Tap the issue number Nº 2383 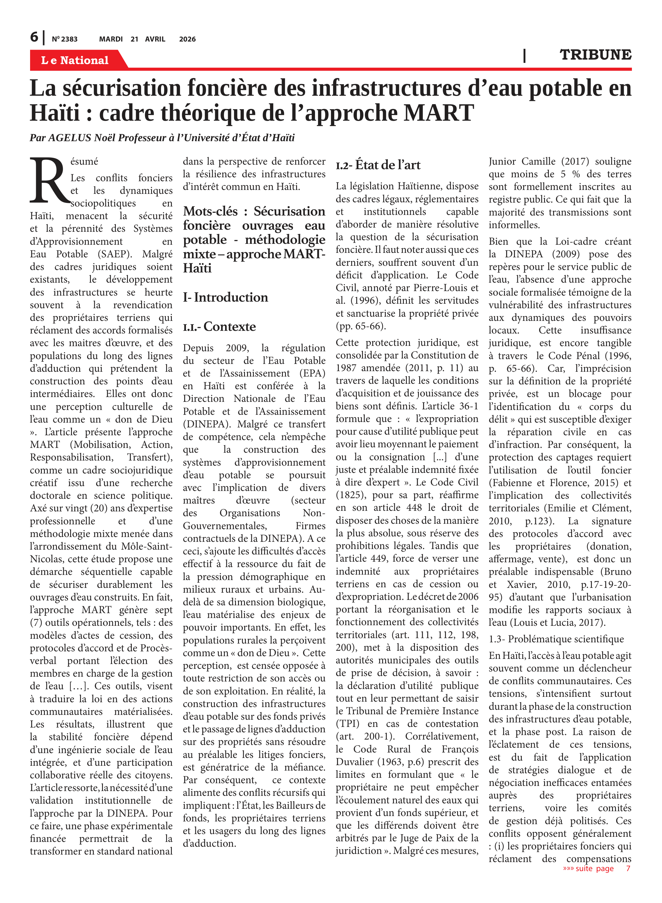tap(64, 39)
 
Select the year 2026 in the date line tap(187, 39)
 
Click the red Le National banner tap(75, 60)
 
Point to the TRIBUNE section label tap(595, 55)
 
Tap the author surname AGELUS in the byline tap(70, 138)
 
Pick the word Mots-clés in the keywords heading tap(210, 211)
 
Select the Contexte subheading tap(229, 327)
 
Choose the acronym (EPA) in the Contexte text tap(312, 373)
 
